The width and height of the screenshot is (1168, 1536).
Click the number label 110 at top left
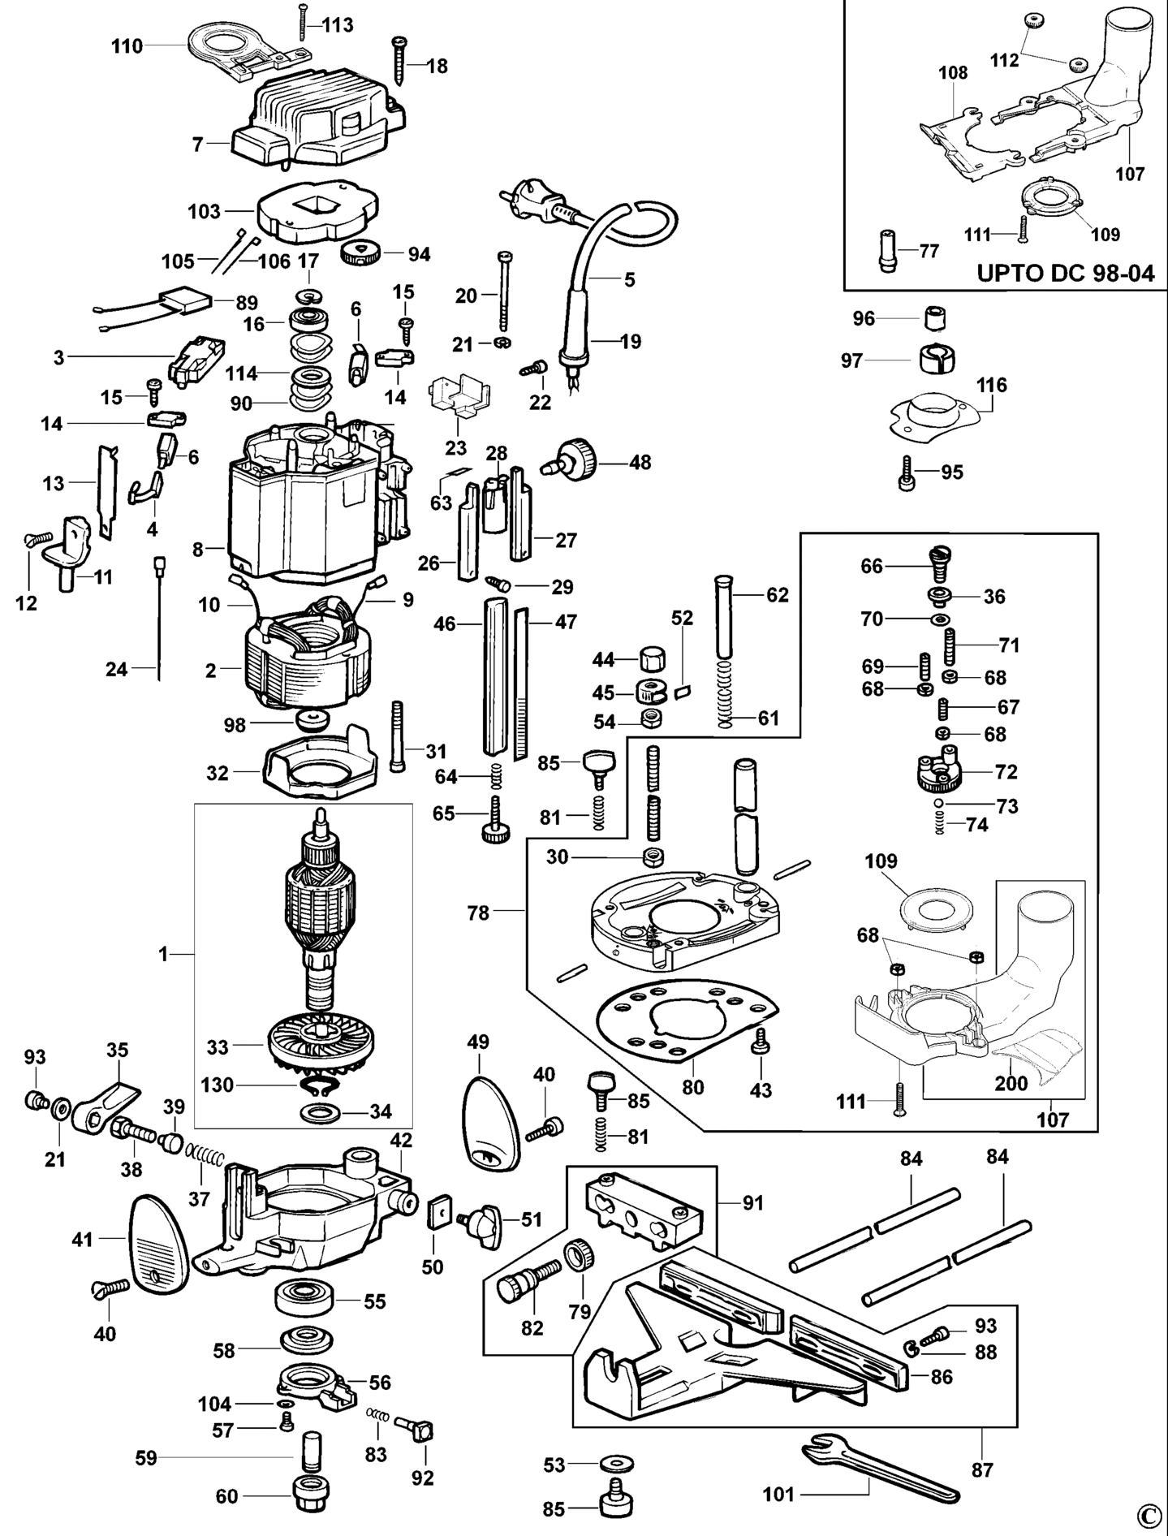click(126, 46)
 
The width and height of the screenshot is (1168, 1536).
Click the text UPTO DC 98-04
click(1065, 272)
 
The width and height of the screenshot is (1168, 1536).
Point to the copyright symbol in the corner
click(1147, 1515)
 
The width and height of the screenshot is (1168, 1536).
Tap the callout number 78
click(478, 913)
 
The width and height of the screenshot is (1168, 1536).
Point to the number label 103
click(204, 211)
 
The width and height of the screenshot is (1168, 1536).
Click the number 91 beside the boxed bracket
click(753, 1202)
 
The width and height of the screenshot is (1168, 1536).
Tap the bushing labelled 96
click(937, 317)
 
